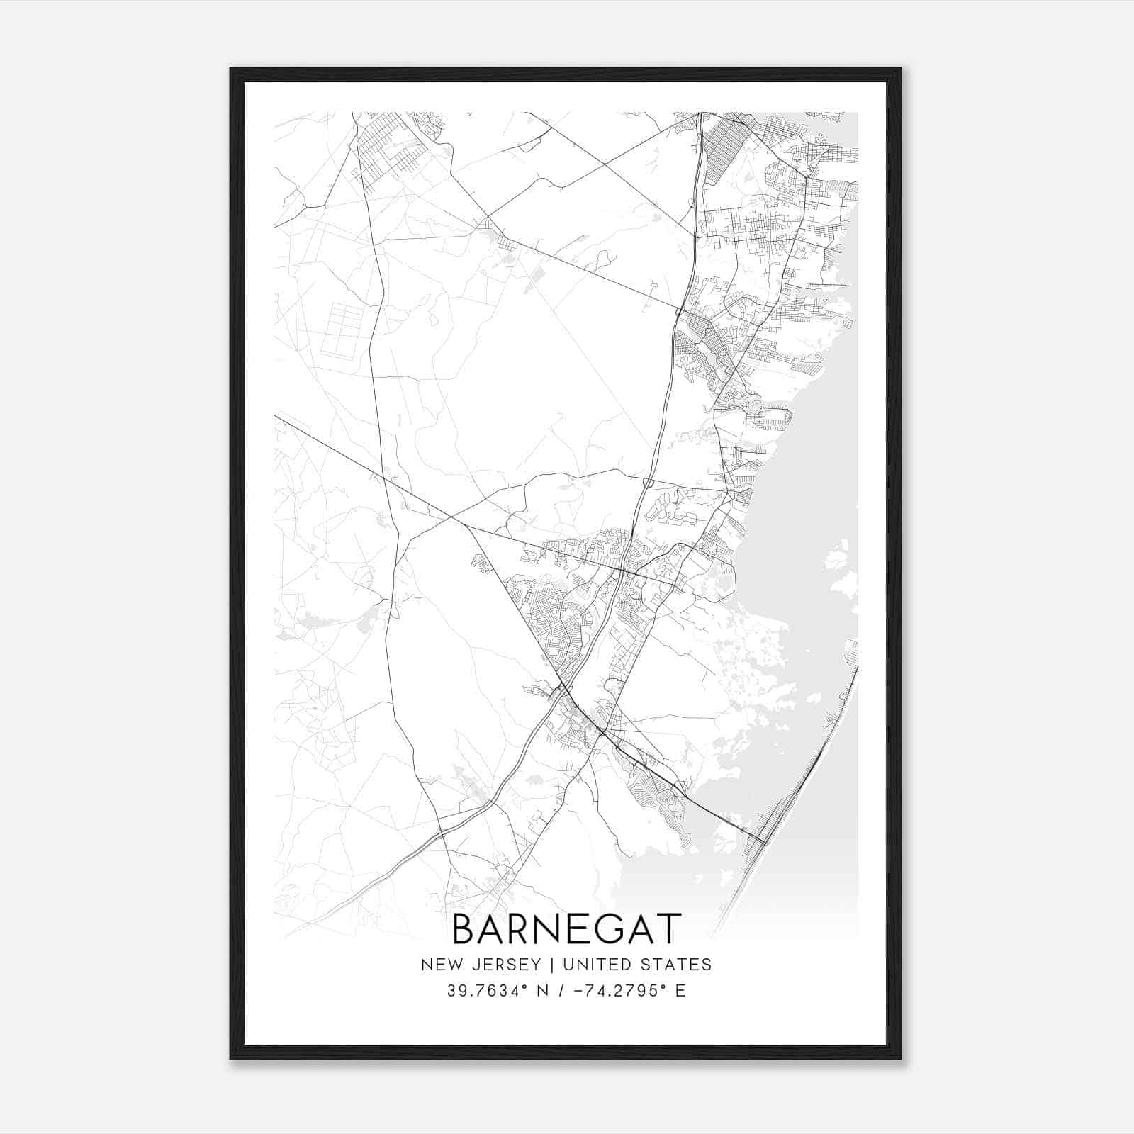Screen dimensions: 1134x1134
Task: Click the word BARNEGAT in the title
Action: (566, 929)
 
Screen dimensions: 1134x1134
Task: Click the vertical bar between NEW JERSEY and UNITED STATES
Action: (544, 965)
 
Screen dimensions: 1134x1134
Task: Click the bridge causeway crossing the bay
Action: (716, 815)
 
